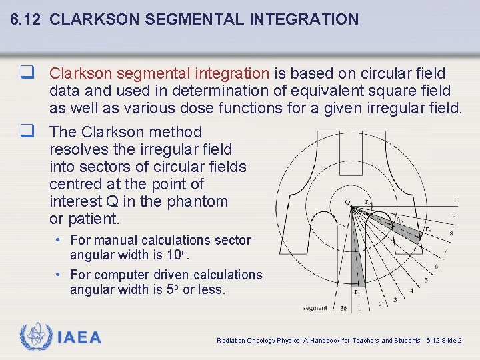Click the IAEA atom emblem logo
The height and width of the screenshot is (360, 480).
click(35, 337)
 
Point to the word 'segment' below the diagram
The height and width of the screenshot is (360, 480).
click(315, 308)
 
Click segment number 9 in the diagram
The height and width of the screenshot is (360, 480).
click(453, 215)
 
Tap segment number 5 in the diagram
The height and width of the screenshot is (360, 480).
click(426, 280)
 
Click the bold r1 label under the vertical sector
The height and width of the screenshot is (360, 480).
click(357, 291)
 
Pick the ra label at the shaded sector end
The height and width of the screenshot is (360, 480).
click(427, 230)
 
